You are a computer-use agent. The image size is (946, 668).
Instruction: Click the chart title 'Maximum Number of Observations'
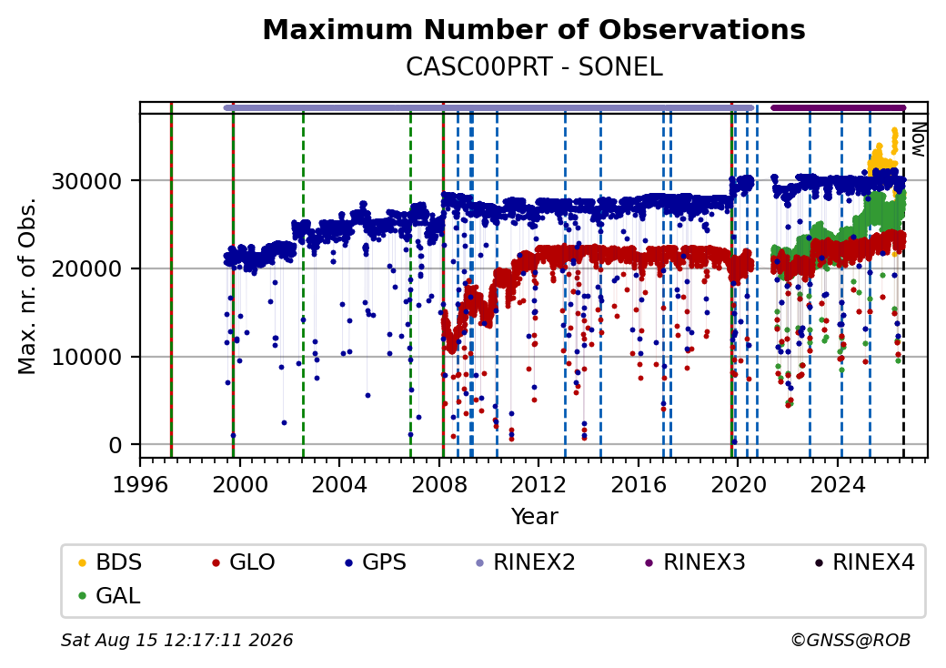coord(534,29)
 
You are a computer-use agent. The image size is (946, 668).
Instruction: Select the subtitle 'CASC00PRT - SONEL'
coord(534,67)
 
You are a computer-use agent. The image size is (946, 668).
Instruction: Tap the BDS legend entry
coord(110,562)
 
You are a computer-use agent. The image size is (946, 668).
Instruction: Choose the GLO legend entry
coord(243,562)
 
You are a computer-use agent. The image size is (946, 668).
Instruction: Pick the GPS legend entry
coord(376,562)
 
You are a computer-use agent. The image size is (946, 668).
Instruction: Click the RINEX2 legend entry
coord(525,562)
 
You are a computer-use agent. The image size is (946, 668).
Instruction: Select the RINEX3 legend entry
coord(695,562)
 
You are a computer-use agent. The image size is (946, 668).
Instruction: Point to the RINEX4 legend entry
coord(864,562)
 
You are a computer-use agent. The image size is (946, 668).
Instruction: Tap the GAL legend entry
coord(109,595)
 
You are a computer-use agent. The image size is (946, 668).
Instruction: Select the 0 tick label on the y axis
coord(116,445)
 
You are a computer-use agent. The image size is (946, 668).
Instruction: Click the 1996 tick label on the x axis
coord(141,484)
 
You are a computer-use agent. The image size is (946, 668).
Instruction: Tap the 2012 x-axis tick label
coord(538,484)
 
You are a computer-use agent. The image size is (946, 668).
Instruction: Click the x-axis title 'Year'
coord(534,517)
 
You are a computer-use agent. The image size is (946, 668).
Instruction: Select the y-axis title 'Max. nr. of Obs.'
coord(27,286)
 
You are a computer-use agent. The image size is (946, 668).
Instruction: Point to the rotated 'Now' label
coord(918,139)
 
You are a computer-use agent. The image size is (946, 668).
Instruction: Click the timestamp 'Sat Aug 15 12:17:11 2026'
coord(176,640)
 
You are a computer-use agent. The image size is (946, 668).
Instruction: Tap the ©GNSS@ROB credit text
coord(850,640)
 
